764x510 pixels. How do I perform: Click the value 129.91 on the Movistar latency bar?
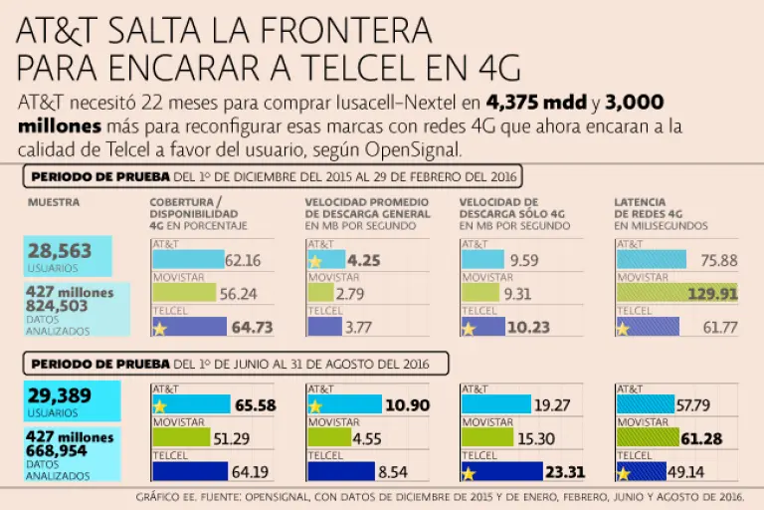(714, 294)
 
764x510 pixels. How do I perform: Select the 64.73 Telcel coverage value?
(252, 327)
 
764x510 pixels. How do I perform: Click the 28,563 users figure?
(59, 251)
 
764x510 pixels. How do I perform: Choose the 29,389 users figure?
(61, 396)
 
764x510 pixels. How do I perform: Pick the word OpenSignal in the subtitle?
(414, 148)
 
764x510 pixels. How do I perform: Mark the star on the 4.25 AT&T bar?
(315, 261)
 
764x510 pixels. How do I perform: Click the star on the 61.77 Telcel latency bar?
(624, 329)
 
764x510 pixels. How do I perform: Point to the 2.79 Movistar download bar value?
(350, 294)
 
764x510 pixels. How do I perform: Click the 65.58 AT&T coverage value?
(255, 405)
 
